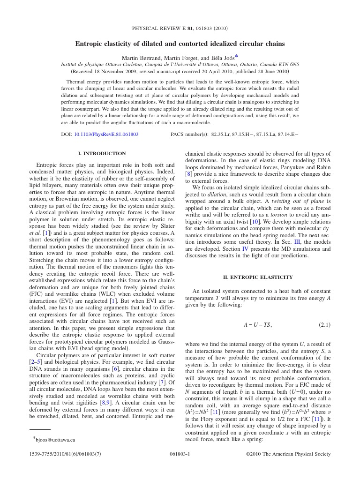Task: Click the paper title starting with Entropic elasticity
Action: [180, 44]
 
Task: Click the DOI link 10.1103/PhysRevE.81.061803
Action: [106, 134]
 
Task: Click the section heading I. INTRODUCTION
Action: [102, 153]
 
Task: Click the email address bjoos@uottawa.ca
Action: [56, 439]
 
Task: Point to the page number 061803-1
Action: [180, 454]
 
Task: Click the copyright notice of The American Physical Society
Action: [288, 454]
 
